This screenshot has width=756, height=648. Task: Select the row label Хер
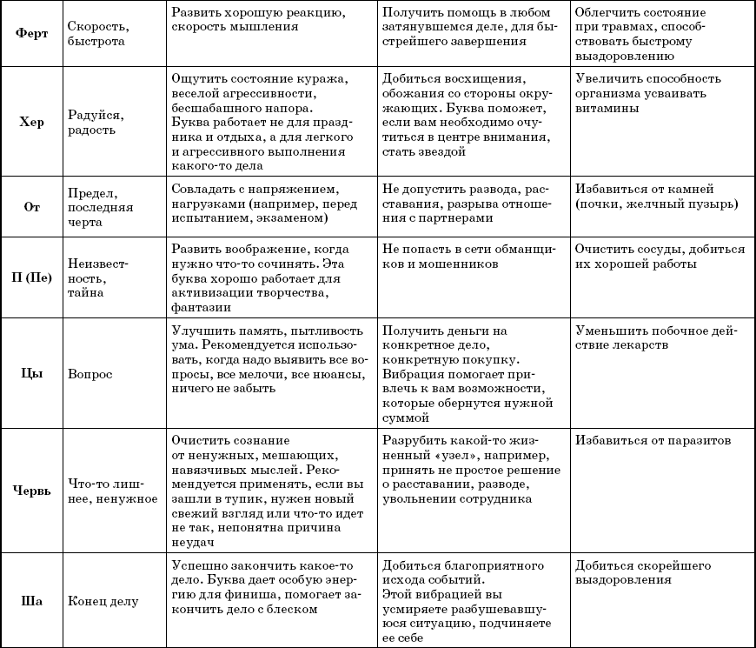[31, 122]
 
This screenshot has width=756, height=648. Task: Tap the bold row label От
[31, 206]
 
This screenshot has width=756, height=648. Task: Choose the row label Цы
[31, 373]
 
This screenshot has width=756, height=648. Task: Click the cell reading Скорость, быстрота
[96, 33]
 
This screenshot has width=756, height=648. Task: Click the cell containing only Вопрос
[90, 373]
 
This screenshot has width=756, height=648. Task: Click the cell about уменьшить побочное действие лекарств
[660, 338]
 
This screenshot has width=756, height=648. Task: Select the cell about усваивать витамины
[644, 93]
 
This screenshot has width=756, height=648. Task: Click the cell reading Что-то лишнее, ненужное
[112, 491]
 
